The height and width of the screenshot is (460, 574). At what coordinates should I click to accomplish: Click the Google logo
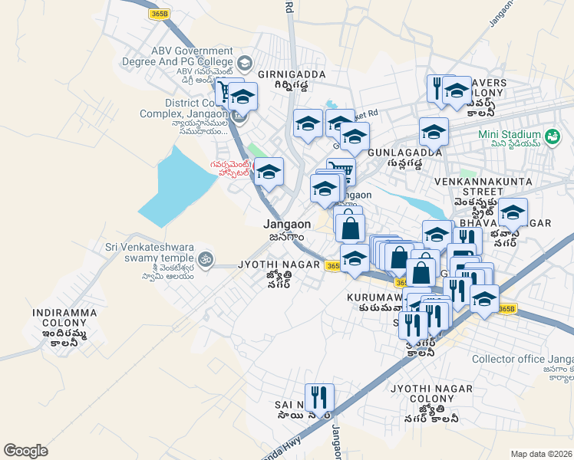coord(25,451)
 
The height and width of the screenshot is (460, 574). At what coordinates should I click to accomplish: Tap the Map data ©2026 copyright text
coord(542,454)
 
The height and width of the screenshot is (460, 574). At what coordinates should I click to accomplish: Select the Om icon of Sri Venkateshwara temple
coord(204,258)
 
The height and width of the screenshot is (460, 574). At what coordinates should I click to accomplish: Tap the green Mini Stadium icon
coord(551,136)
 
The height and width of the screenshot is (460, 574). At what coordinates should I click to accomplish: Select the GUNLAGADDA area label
coord(404,153)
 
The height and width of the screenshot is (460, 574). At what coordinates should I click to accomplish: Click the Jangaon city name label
coord(287,224)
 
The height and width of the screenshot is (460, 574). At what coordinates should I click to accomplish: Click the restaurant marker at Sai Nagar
coord(319,397)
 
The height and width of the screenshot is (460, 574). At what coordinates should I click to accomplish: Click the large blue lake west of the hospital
coord(181,184)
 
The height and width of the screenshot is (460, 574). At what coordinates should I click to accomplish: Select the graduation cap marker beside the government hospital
coord(269,172)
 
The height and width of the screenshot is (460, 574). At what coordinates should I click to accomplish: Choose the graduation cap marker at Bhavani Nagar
coord(513,212)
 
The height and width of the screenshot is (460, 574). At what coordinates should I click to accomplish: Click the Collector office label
coord(523,359)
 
